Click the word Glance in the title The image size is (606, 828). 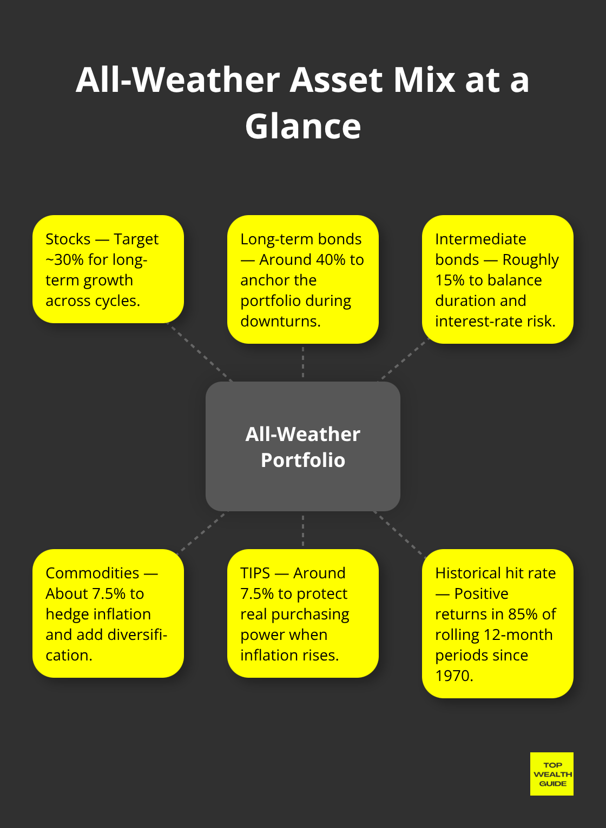pyautogui.click(x=303, y=126)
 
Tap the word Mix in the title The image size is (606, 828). pyautogui.click(x=424, y=80)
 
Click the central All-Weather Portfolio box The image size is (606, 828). pyautogui.click(x=303, y=446)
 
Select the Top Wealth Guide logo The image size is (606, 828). pyautogui.click(x=552, y=774)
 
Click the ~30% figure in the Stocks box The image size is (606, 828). pyautogui.click(x=64, y=260)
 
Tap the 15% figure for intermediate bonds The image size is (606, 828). pyautogui.click(x=450, y=281)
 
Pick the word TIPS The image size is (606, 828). pyautogui.click(x=255, y=573)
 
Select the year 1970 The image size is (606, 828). pyautogui.click(x=453, y=676)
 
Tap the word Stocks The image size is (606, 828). pyautogui.click(x=68, y=239)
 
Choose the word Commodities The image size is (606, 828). pyautogui.click(x=93, y=573)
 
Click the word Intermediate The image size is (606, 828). pyautogui.click(x=480, y=239)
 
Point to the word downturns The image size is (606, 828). pyautogui.click(x=280, y=322)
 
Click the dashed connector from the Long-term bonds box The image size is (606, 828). pyautogui.click(x=303, y=362)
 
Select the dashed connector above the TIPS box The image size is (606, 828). pyautogui.click(x=303, y=530)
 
